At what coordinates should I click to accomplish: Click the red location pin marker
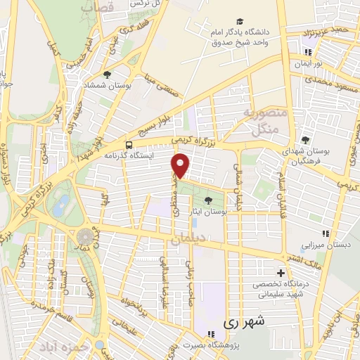[x=181, y=166]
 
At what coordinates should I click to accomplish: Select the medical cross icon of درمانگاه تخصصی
[x=281, y=273]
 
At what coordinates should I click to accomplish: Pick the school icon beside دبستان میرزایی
[x=324, y=233]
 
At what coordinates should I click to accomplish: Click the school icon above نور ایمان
[x=308, y=51]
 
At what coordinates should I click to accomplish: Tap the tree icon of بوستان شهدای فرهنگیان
[x=305, y=140]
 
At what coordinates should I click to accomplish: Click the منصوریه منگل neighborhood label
[x=261, y=121]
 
